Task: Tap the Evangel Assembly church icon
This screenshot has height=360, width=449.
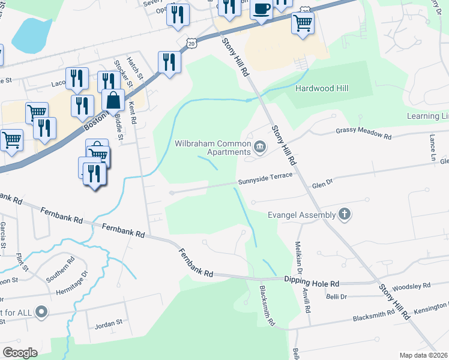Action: pyautogui.click(x=345, y=214)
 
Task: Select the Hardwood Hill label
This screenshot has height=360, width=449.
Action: pyautogui.click(x=322, y=89)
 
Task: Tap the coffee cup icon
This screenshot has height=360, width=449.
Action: pyautogui.click(x=261, y=9)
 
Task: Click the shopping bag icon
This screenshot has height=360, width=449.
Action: pyautogui.click(x=113, y=100)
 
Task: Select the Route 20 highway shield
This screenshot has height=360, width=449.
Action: pyautogui.click(x=191, y=43)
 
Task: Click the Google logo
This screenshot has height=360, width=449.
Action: pyautogui.click(x=20, y=352)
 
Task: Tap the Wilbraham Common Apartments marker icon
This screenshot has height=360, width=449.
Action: pyautogui.click(x=261, y=146)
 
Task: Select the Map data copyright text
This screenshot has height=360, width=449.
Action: pyautogui.click(x=424, y=355)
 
